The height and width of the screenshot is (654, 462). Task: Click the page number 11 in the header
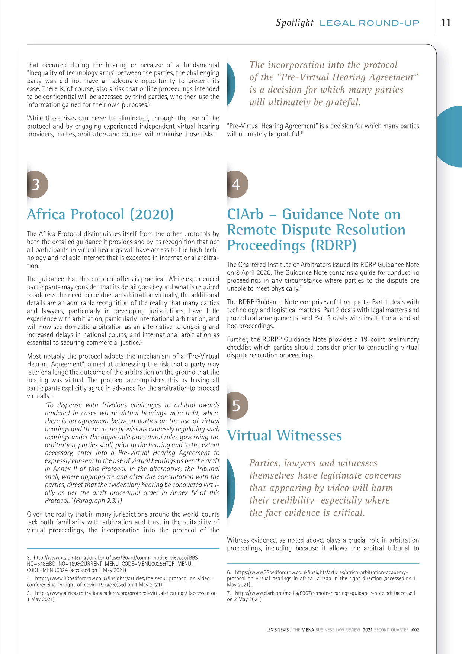[446, 23]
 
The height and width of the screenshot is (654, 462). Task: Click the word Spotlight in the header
[295, 23]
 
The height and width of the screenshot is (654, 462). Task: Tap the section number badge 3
[36, 184]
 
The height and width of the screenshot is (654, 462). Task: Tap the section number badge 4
[237, 184]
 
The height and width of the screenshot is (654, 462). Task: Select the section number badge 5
[237, 405]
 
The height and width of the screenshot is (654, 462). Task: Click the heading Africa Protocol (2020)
[100, 214]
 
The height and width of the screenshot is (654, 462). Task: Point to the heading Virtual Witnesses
[284, 436]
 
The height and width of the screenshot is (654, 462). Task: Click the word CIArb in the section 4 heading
[245, 214]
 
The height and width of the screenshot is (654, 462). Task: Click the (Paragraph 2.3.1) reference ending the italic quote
[98, 501]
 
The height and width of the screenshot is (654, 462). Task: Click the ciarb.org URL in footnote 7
[314, 593]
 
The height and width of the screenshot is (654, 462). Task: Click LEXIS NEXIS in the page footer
[277, 630]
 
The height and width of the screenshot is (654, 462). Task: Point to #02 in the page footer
[415, 630]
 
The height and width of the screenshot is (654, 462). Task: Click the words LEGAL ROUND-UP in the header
[369, 23]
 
